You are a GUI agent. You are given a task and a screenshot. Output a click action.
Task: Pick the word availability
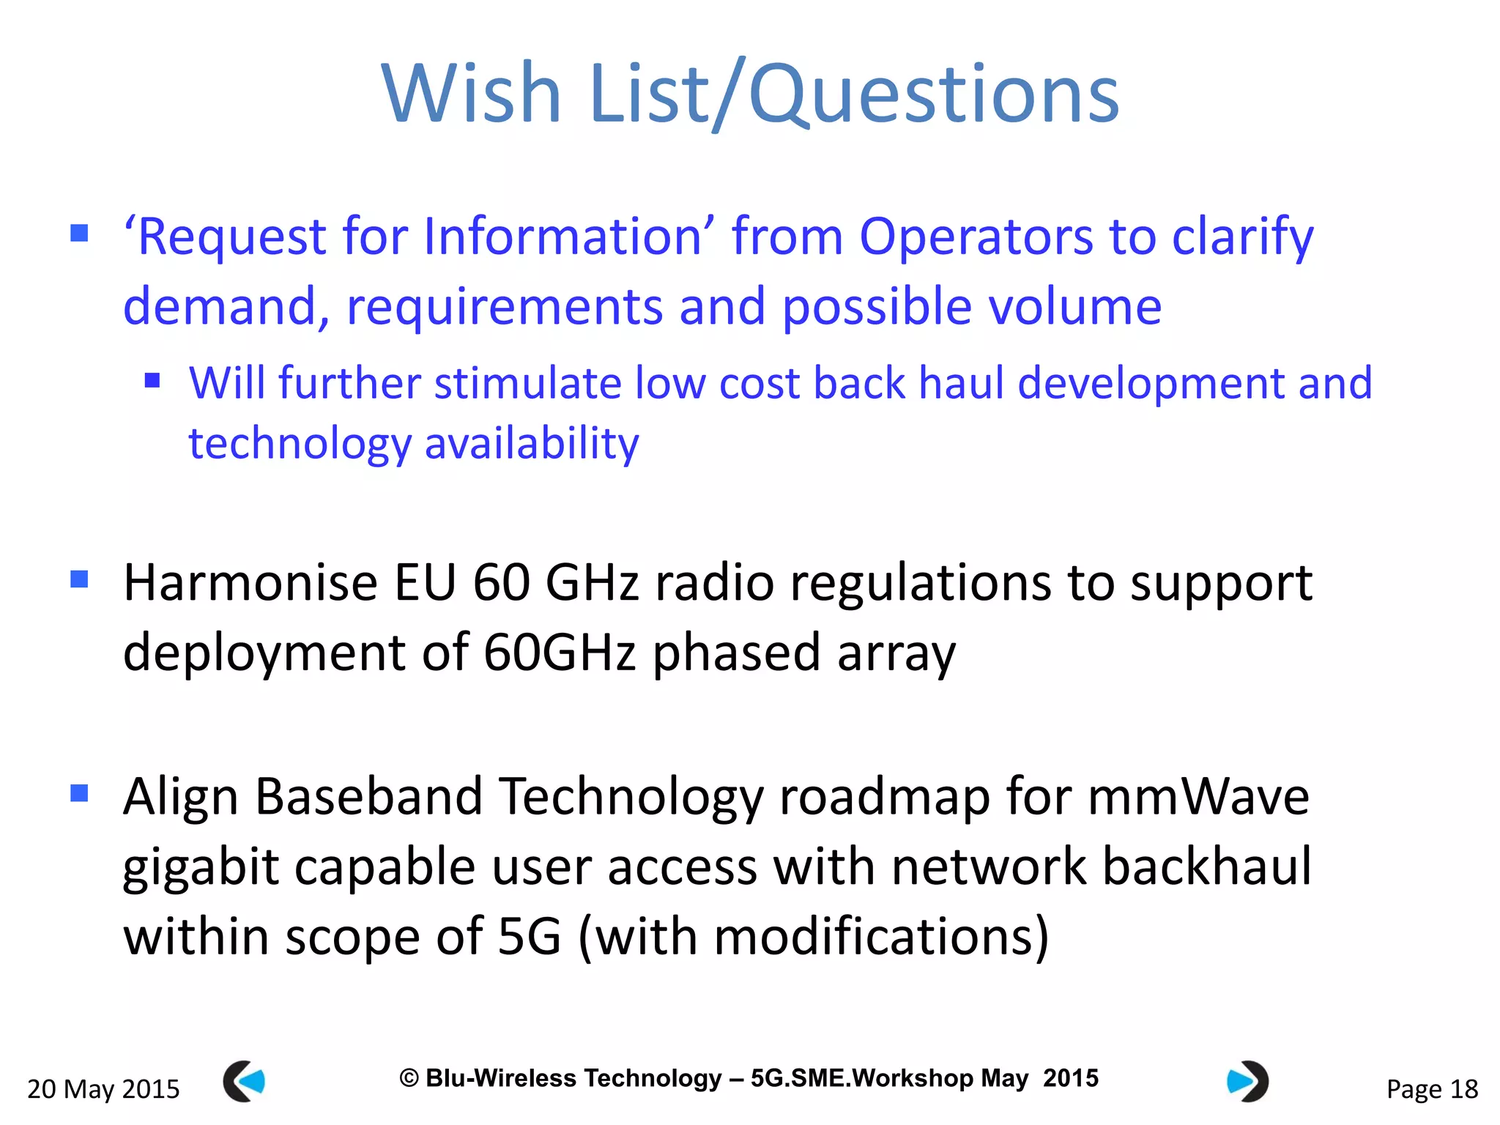tap(532, 444)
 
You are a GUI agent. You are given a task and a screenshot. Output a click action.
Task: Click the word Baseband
tap(369, 797)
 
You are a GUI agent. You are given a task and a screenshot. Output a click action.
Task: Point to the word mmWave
tap(1198, 797)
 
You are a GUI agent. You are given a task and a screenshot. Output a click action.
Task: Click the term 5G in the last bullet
tap(529, 937)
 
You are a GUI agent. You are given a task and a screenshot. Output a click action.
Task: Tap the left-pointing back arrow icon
tap(244, 1081)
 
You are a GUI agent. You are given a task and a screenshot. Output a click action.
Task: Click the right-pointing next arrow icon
tap(1247, 1081)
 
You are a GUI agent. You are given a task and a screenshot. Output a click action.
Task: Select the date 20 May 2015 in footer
tap(103, 1089)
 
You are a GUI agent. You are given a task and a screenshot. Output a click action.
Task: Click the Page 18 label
tap(1432, 1089)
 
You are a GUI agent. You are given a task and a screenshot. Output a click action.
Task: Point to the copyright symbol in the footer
tap(409, 1078)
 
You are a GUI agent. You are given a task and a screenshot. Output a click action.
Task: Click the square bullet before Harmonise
tap(79, 579)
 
